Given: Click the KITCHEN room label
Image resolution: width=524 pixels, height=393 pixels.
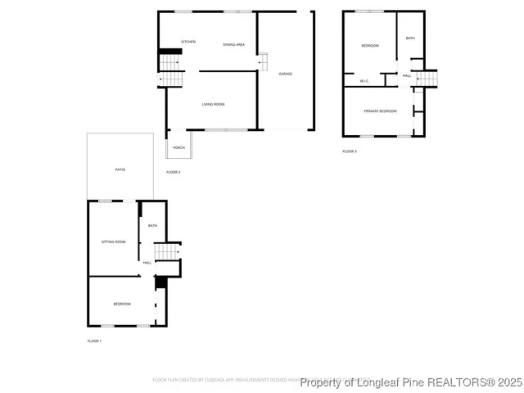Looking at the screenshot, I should (188, 42).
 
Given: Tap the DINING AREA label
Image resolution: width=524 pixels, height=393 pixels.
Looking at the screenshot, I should (234, 44).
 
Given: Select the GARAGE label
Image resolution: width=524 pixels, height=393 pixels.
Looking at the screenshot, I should (285, 74).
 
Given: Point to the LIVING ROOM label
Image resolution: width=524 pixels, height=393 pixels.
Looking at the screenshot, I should (214, 104).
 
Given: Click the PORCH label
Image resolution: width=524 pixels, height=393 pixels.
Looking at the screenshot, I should (178, 148).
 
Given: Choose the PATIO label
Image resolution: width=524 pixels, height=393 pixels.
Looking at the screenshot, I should (120, 169).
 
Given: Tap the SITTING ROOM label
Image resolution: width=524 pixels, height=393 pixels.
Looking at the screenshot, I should (113, 242).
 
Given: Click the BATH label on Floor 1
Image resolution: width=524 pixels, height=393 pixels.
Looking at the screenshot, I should (152, 226).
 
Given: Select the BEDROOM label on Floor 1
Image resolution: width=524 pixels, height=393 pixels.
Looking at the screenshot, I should (121, 304).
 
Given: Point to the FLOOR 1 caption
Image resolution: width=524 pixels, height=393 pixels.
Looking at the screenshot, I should (94, 340).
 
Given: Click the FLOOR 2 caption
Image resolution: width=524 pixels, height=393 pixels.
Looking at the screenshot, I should (174, 172).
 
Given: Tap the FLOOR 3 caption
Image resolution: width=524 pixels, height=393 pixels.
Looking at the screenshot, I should (350, 151).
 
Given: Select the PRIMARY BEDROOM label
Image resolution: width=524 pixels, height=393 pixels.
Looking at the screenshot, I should (381, 111).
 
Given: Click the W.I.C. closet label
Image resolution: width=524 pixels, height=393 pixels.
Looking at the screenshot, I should (364, 80).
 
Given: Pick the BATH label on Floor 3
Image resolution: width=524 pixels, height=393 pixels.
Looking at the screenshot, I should (410, 38).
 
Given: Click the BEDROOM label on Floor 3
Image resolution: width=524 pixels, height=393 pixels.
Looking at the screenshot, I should (370, 46).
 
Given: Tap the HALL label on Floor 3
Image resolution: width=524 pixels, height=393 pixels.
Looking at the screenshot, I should (406, 75).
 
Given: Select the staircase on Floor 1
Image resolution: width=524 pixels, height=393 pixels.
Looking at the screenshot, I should (167, 251).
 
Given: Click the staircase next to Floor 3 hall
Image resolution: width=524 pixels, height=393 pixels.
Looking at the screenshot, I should (427, 78).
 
